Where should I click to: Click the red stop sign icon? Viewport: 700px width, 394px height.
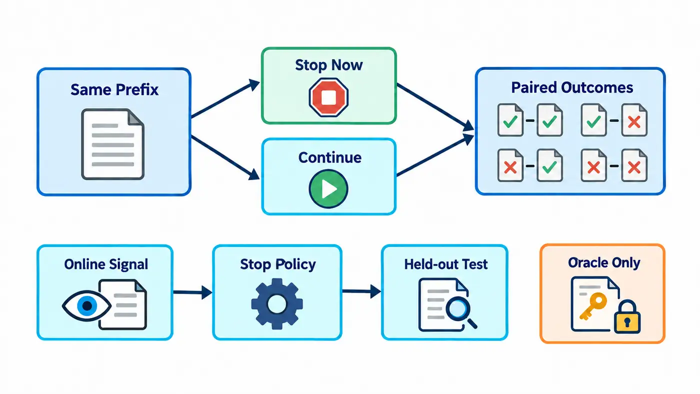pos(328,97)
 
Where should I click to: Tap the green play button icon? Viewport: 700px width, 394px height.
pos(328,189)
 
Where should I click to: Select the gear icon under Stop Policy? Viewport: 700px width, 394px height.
pos(277,304)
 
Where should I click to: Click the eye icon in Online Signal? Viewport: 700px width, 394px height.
pos(86,305)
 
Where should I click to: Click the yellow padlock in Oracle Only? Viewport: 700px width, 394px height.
pos(627,316)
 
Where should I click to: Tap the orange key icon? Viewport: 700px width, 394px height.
pos(593,306)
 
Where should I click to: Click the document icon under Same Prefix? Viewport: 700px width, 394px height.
pos(113,144)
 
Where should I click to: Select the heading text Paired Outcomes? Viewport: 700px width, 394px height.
pos(572,87)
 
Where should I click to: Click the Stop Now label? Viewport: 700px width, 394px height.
pos(329,65)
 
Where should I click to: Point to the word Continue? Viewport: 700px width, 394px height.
pos(330,157)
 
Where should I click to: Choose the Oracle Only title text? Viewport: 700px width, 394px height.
pos(604,263)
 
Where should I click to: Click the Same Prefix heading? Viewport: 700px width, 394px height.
pos(114,89)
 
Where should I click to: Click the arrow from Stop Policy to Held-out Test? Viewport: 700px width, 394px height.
pos(361,291)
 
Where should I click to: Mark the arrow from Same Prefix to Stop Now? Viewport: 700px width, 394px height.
pos(225,98)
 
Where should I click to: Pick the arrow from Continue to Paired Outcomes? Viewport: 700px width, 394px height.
pos(435,155)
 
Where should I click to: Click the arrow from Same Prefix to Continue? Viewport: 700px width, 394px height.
pos(225,158)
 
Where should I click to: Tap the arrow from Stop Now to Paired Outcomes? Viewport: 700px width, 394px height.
pos(435,107)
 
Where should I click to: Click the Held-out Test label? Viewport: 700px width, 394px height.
pos(445,264)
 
